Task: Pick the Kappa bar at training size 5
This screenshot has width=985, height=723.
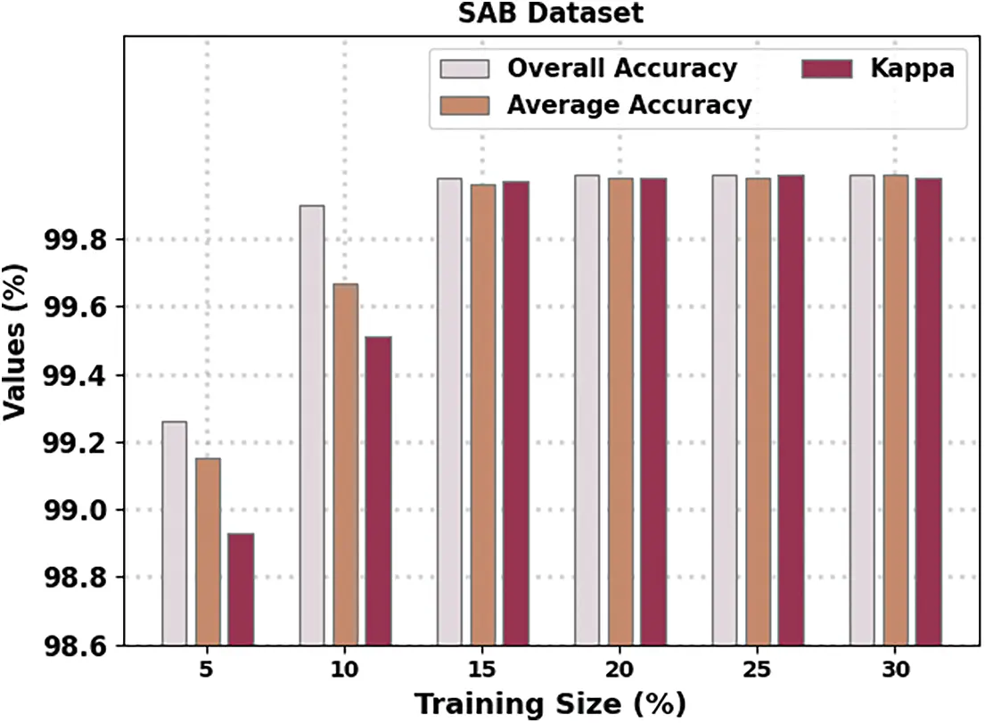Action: click(241, 588)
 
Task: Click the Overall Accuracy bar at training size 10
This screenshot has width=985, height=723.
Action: click(312, 424)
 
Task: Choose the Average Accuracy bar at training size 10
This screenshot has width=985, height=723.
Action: click(345, 464)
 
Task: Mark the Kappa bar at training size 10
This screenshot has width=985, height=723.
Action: click(378, 490)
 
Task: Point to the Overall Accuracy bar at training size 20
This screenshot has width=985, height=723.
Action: click(587, 409)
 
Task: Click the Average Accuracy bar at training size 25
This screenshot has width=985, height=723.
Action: click(758, 411)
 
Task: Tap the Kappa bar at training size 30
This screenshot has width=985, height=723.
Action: click(929, 411)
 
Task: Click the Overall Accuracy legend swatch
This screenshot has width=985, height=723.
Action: click(464, 69)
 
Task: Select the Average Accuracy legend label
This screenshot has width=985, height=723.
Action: click(628, 105)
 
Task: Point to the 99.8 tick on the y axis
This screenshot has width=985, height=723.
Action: click(75, 241)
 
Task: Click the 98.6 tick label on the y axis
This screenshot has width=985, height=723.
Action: click(75, 645)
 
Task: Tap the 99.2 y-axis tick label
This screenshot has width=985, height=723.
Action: click(75, 443)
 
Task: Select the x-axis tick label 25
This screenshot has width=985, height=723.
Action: click(758, 670)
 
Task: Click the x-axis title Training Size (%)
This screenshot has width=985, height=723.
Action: click(550, 703)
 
